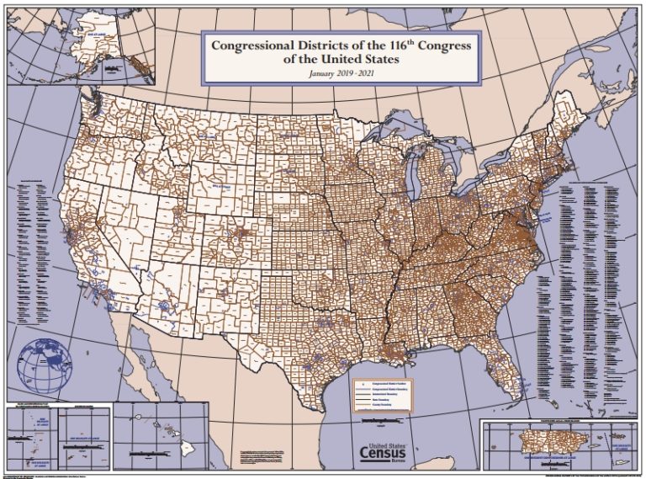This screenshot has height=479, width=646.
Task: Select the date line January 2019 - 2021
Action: (341, 74)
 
